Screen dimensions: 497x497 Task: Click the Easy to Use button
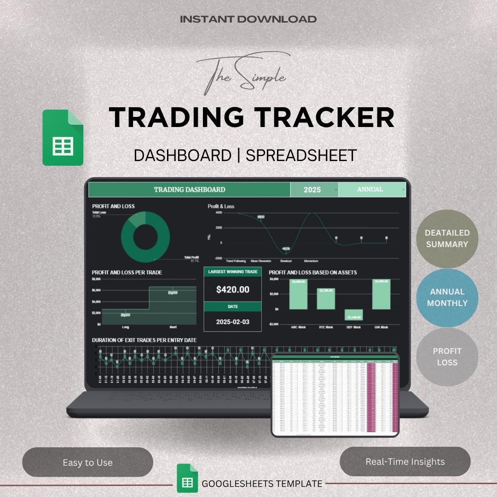[x=87, y=462]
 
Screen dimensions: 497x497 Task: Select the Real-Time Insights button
[x=405, y=461]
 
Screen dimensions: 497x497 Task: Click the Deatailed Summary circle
[x=447, y=238]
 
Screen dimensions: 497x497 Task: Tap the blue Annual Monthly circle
[x=447, y=297]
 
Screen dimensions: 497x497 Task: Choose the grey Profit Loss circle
[x=447, y=356]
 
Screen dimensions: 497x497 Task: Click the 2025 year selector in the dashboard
[x=313, y=190]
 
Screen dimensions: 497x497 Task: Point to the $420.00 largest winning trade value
[x=232, y=289]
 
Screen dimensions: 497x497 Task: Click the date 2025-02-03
[x=232, y=322]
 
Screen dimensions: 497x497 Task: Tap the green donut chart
[x=145, y=237]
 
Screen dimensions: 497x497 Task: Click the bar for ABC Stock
[x=298, y=295]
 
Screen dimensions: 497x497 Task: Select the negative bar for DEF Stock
[x=353, y=315]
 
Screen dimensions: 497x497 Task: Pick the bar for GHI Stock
[x=381, y=295]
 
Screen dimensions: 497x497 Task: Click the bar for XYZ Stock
[x=326, y=299]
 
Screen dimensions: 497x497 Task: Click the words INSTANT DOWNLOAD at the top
[x=248, y=19]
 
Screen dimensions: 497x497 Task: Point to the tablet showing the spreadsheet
[x=335, y=394]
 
